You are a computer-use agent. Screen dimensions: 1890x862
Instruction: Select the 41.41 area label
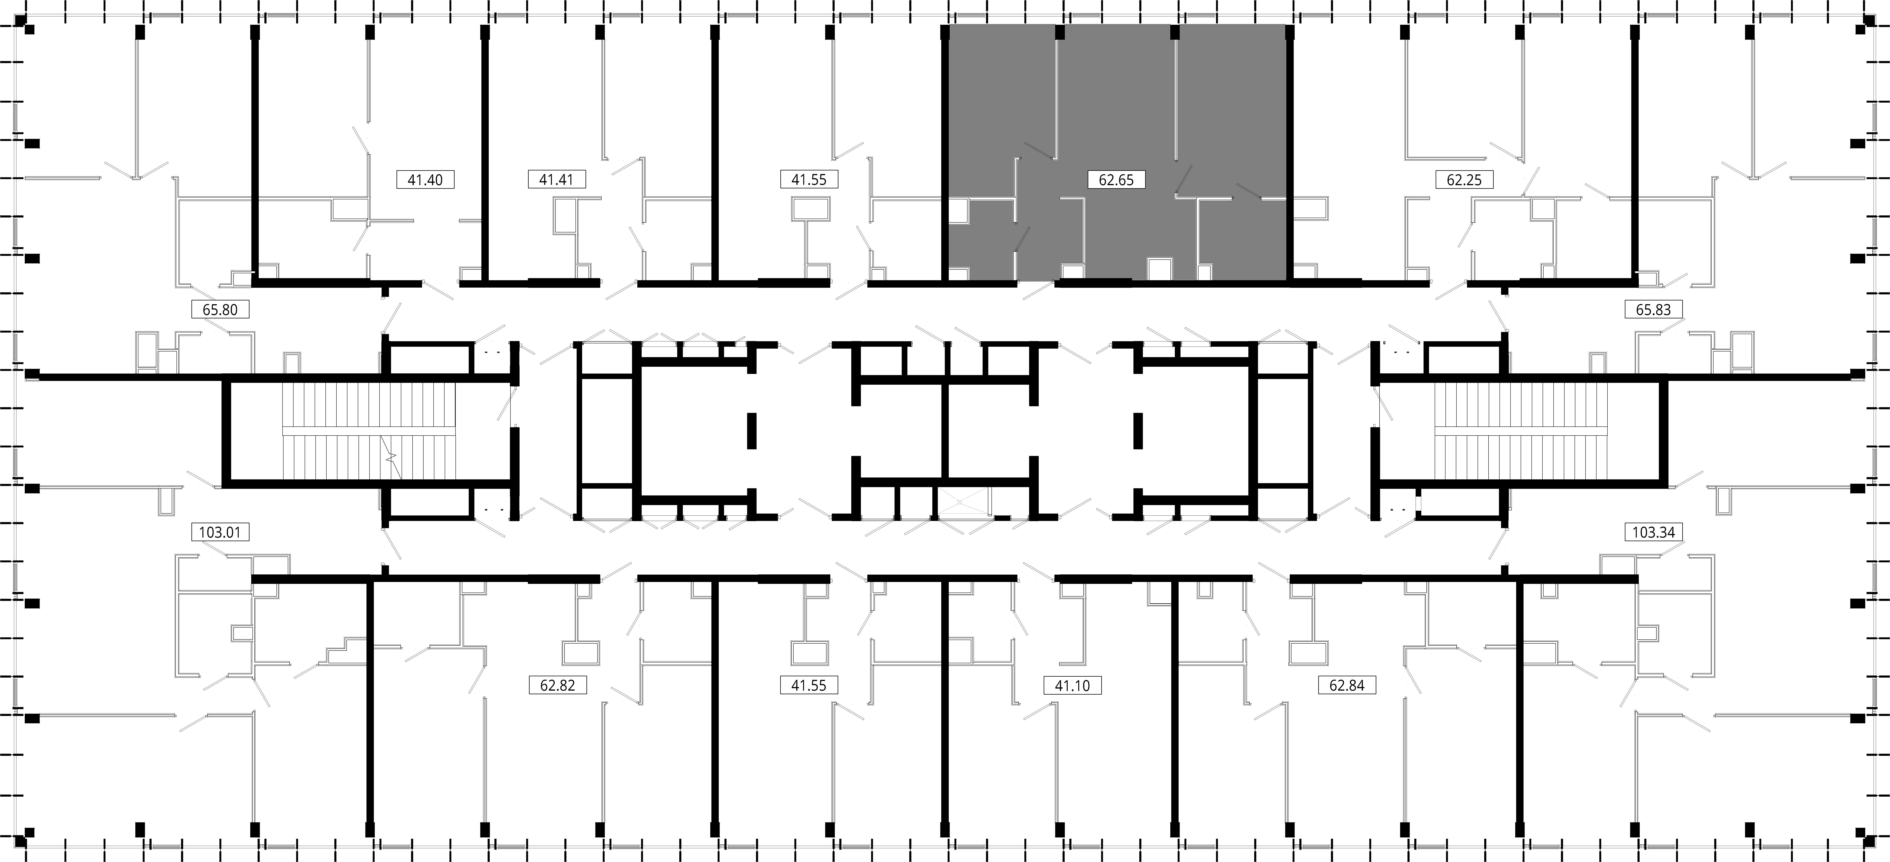556,179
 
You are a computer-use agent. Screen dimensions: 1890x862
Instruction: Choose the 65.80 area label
220,310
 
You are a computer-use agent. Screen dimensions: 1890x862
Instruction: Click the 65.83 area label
1653,310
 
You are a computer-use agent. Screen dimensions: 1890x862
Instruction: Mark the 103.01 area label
220,532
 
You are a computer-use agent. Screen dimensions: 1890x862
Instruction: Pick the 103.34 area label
1653,532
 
